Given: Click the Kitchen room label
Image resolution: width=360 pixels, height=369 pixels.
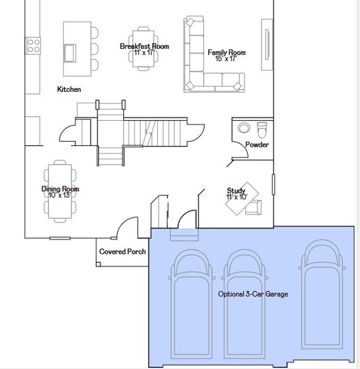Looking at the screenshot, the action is [x=69, y=89].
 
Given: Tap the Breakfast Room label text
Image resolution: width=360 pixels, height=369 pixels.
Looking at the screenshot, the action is [x=145, y=46].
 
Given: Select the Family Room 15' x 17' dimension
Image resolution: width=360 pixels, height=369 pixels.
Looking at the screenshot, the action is [x=226, y=59].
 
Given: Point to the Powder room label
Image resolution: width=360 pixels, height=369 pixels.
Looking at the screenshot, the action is [x=257, y=144].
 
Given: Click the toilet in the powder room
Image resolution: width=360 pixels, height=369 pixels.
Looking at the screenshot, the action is [x=262, y=129].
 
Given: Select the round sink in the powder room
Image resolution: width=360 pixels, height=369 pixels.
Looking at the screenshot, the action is [x=244, y=128].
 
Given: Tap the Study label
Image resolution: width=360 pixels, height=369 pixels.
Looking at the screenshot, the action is [x=236, y=190].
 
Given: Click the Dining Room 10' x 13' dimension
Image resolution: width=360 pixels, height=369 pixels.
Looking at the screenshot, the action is [x=60, y=195].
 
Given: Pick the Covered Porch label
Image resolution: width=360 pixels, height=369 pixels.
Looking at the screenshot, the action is [x=122, y=252].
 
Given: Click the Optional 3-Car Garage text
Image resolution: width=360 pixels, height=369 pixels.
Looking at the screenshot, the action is [x=253, y=294].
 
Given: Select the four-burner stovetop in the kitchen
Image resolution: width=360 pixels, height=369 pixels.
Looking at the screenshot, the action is [x=33, y=46].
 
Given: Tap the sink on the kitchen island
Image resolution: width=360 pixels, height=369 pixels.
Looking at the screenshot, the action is [x=70, y=53].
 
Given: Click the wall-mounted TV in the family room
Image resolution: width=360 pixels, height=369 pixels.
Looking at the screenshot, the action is [x=268, y=44].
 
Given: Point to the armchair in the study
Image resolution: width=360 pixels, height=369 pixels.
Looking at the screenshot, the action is [x=254, y=207].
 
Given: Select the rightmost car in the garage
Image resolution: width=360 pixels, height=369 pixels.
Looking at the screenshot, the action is [x=322, y=294].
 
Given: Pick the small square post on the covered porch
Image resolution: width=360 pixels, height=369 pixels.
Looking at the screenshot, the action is [x=98, y=264].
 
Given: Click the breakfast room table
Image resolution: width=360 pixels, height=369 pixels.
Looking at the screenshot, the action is [x=143, y=49].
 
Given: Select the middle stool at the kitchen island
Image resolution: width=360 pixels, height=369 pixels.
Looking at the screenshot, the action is [x=95, y=48].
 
